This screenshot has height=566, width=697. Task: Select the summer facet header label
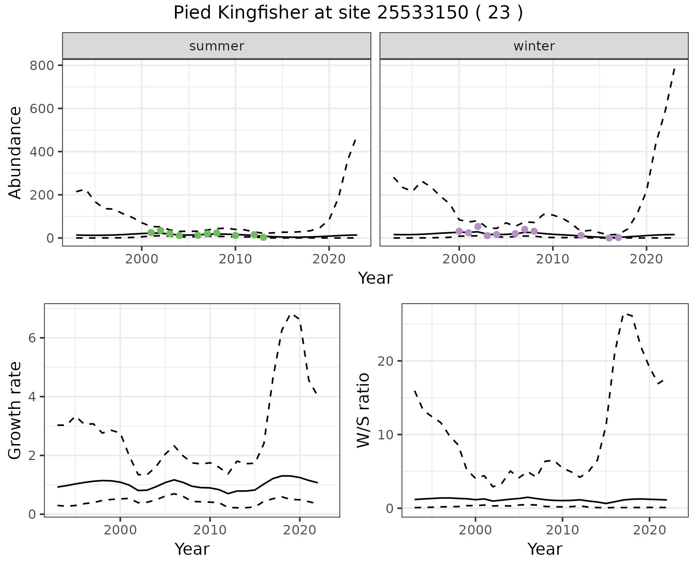coord(217,46)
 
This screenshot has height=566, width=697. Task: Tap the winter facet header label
coord(534,46)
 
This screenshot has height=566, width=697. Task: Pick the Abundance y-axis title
coord(15,152)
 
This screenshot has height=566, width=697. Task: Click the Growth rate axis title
coord(15,410)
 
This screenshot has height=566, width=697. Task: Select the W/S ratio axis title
coord(363,410)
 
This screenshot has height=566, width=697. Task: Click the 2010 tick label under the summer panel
coord(235,259)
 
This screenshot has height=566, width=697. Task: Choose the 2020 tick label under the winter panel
coord(646,259)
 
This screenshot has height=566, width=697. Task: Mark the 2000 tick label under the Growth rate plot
coord(120,530)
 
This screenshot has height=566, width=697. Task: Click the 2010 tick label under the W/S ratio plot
coord(562,530)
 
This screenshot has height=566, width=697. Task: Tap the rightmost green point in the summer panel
coord(264,237)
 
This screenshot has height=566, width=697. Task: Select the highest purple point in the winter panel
coord(478,226)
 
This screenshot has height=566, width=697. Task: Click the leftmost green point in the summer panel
coord(151,233)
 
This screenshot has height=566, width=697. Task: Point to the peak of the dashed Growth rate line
coord(292,315)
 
